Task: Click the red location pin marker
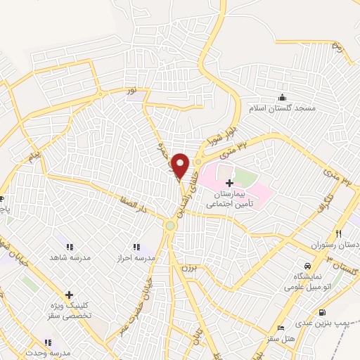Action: tap(181, 165)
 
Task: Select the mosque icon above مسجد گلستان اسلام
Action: tap(283, 97)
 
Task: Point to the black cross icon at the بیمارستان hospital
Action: tap(229, 182)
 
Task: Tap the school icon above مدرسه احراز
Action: tap(136, 247)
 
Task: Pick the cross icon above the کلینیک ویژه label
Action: tap(69, 296)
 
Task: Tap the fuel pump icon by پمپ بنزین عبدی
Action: tap(322, 312)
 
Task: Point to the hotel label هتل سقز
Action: tap(288, 340)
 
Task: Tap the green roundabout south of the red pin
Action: tap(171, 226)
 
